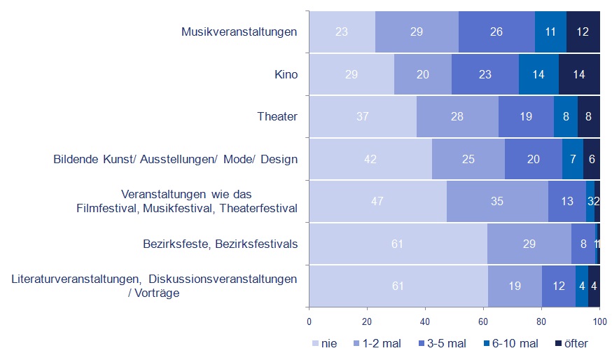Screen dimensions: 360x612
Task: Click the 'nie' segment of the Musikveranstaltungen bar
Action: [342, 32]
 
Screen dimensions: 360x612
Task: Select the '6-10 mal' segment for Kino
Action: [538, 74]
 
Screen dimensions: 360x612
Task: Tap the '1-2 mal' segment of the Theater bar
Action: [457, 116]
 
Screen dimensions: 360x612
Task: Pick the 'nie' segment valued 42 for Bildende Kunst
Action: [370, 159]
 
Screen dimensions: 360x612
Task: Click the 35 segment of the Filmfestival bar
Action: [497, 201]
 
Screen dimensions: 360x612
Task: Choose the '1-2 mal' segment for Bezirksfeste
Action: [529, 244]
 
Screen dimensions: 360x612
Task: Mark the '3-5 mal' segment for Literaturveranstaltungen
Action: [558, 286]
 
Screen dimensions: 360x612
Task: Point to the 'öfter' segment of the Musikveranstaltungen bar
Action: [583, 32]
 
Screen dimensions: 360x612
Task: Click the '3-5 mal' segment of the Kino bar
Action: [485, 74]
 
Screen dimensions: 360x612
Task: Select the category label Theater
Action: [278, 116]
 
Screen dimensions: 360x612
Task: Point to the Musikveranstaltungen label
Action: [239, 32]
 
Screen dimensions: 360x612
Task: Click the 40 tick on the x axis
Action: [425, 321]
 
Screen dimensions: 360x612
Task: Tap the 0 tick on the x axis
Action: [310, 321]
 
